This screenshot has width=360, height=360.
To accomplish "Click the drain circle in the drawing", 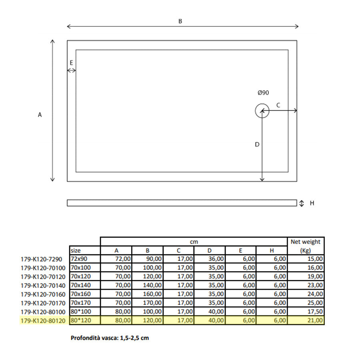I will point(262,111).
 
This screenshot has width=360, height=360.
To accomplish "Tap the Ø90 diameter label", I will point(263,92).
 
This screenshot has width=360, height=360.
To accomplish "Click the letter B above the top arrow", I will point(180,21).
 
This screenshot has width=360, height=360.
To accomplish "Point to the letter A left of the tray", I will point(40,115).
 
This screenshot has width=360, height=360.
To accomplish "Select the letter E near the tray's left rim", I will point(71,62).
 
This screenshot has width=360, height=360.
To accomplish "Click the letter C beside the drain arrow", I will point(278,105).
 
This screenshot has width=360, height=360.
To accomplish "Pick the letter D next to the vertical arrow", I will point(257,144).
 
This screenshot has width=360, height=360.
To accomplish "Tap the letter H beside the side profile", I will point(312,203).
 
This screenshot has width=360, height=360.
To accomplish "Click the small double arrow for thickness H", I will point(302,203).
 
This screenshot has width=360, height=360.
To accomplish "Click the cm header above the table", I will point(194,242).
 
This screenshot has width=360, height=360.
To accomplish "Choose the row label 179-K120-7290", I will point(42,259).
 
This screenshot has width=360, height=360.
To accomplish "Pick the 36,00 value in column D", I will point(216,259).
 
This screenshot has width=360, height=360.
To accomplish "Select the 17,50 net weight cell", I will point(314,312).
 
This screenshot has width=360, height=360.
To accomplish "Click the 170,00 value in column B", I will point(153,303).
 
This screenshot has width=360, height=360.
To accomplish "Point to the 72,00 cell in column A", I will point(123,259).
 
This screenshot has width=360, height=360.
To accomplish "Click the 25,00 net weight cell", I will point(314,303).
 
